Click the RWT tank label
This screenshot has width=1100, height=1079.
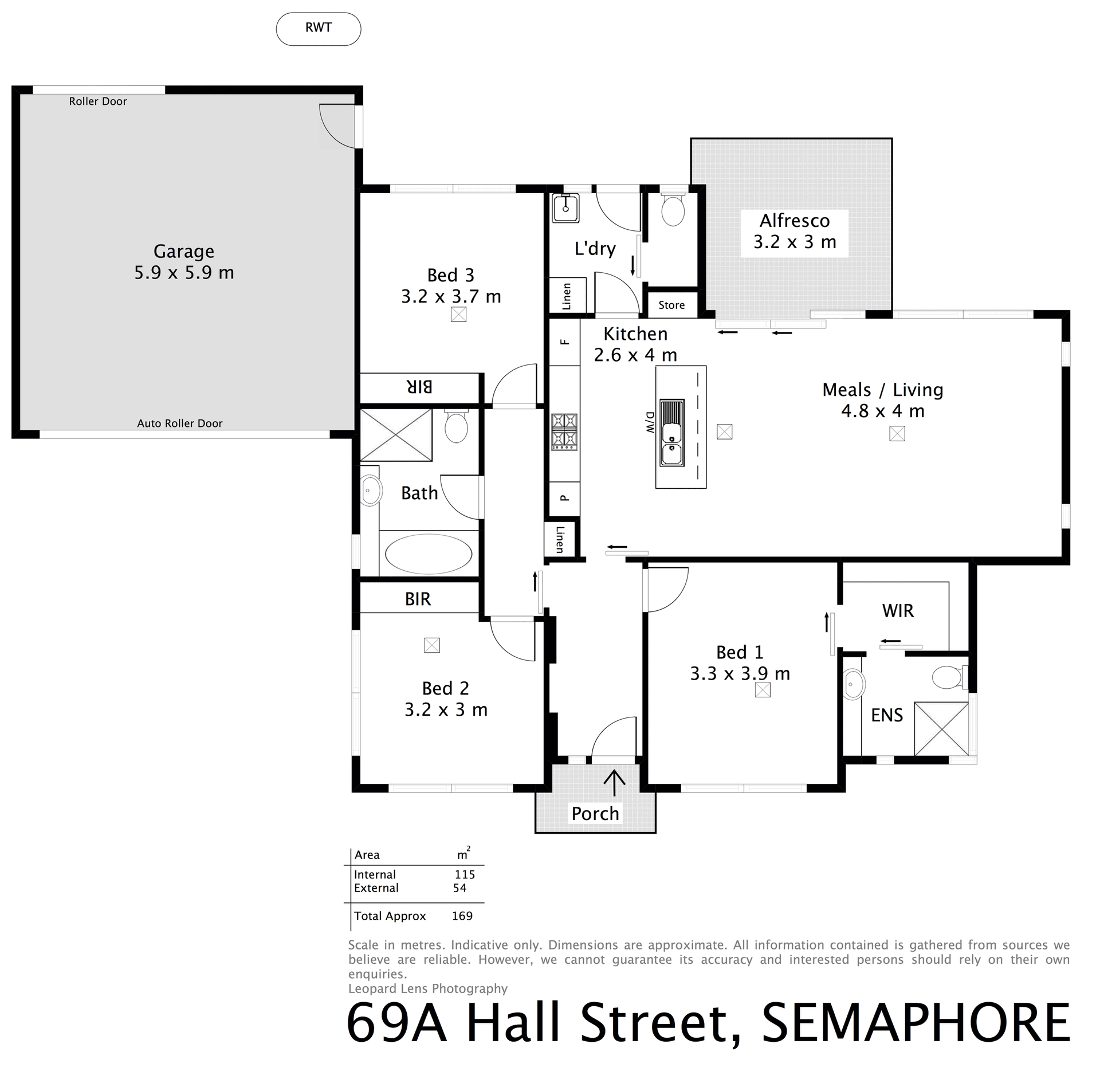pos(319,28)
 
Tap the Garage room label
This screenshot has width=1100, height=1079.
pos(184,252)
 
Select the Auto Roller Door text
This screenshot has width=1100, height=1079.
pos(180,423)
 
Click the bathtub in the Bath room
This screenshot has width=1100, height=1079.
pos(429,554)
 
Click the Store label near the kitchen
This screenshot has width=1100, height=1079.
pos(671,305)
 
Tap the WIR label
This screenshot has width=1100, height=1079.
pos(898,611)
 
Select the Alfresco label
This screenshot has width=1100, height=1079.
pos(795,221)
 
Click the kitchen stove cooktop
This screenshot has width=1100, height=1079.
pos(564,431)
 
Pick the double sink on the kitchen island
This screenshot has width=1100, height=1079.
pos(672,433)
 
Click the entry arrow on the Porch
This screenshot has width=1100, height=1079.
pos(615,783)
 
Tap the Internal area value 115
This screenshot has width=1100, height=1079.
pos(465,874)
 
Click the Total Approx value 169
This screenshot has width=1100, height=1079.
pos(462,916)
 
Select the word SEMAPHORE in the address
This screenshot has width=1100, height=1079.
pos(916,1023)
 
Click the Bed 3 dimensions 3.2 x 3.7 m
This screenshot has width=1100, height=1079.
pos(451,297)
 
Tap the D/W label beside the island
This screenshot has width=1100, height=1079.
pos(650,422)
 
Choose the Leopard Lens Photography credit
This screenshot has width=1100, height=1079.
pos(428,988)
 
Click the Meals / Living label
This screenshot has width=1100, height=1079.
pos(882,390)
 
